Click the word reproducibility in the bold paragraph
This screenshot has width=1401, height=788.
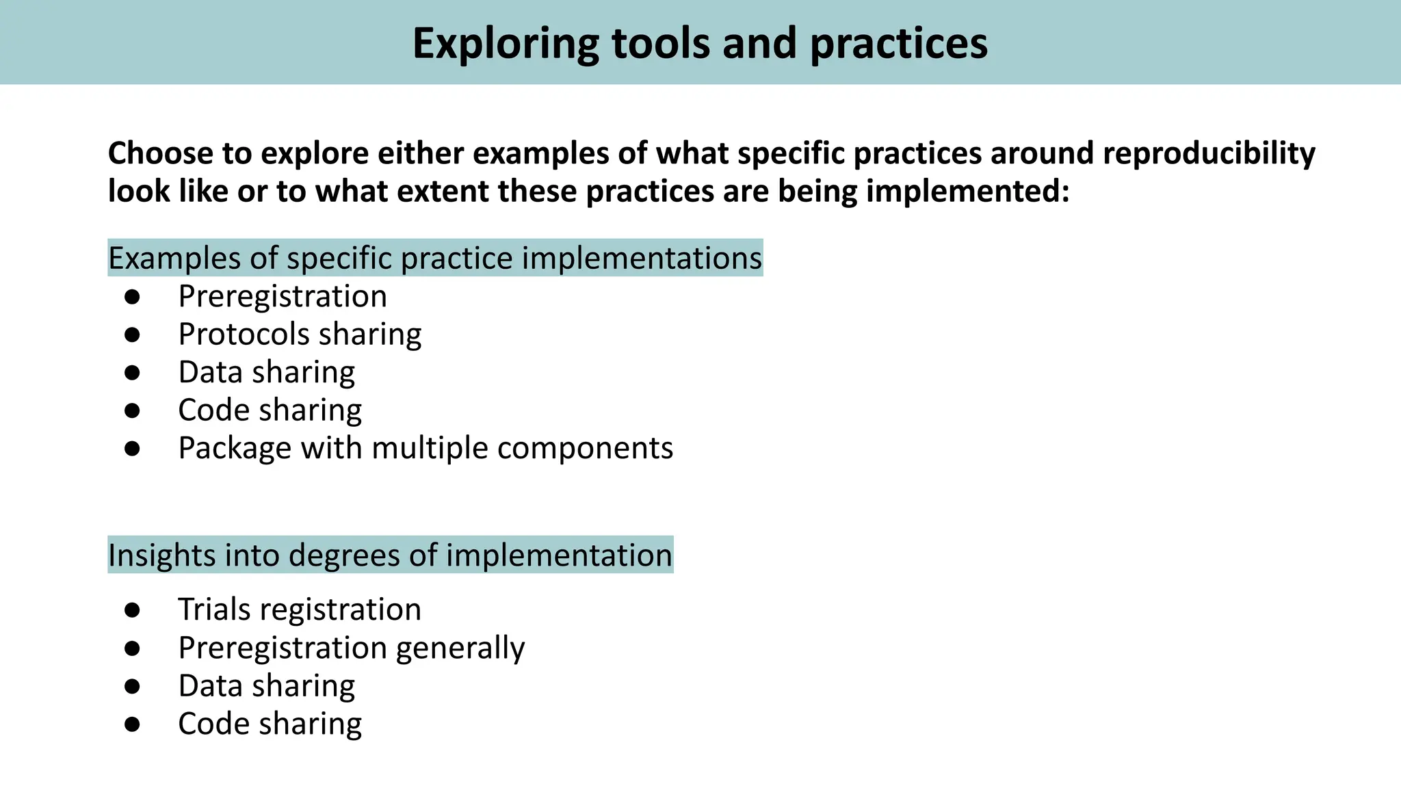coord(1208,153)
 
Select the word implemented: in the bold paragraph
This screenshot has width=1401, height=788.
coord(967,191)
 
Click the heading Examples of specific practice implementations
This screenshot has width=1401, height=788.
coord(435,258)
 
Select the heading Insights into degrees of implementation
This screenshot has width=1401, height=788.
coord(390,555)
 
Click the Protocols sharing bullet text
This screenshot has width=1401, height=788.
coord(300,334)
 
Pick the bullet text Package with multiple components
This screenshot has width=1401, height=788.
coord(425,448)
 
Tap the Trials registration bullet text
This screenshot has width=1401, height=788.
coord(300,609)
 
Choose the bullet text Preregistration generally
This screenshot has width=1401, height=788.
coord(352,648)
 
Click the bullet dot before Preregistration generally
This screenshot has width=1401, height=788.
coord(132,648)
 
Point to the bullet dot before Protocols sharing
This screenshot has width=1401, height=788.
coord(132,334)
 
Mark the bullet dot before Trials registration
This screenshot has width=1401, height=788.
coord(132,609)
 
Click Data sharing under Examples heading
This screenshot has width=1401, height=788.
coord(267,372)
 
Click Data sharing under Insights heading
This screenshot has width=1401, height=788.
coord(267,685)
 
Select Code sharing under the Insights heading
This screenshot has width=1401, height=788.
coord(270,724)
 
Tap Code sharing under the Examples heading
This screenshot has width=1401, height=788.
coord(270,410)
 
